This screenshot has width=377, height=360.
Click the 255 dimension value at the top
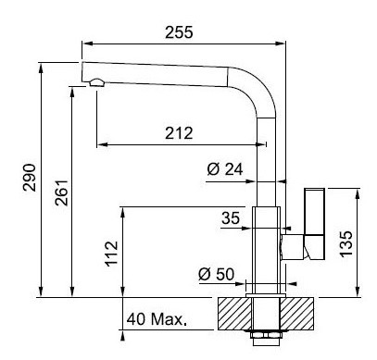[179, 32]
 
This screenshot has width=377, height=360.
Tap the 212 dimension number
[179, 133]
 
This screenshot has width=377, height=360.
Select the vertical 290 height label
[30, 178]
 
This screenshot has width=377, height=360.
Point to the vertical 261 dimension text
[61, 192]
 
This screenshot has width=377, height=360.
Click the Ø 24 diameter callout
[225, 169]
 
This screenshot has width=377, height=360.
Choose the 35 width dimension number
[231, 218]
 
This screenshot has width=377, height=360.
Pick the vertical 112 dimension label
[111, 254]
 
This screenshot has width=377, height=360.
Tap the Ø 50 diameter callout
[216, 274]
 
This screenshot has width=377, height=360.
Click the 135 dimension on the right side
[346, 243]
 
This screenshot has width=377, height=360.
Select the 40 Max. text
[157, 319]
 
